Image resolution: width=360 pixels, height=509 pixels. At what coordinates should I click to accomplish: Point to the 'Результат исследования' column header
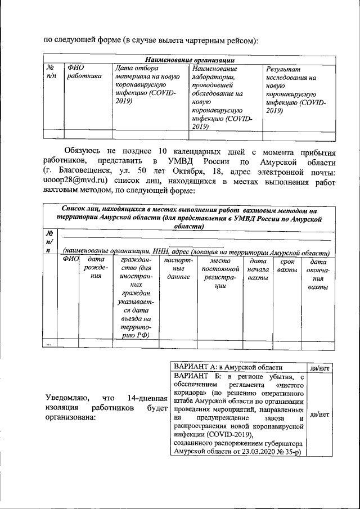(x=291, y=89)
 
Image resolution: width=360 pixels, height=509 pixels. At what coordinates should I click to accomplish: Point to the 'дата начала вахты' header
(x=258, y=270)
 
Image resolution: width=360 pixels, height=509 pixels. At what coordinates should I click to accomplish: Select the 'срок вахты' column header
(x=287, y=266)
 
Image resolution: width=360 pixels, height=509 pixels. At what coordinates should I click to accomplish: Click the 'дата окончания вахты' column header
(x=318, y=274)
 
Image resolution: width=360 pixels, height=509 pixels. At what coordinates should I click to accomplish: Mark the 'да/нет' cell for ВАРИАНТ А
(x=319, y=367)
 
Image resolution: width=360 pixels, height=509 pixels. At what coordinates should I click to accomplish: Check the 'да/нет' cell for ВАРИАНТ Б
(x=319, y=414)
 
